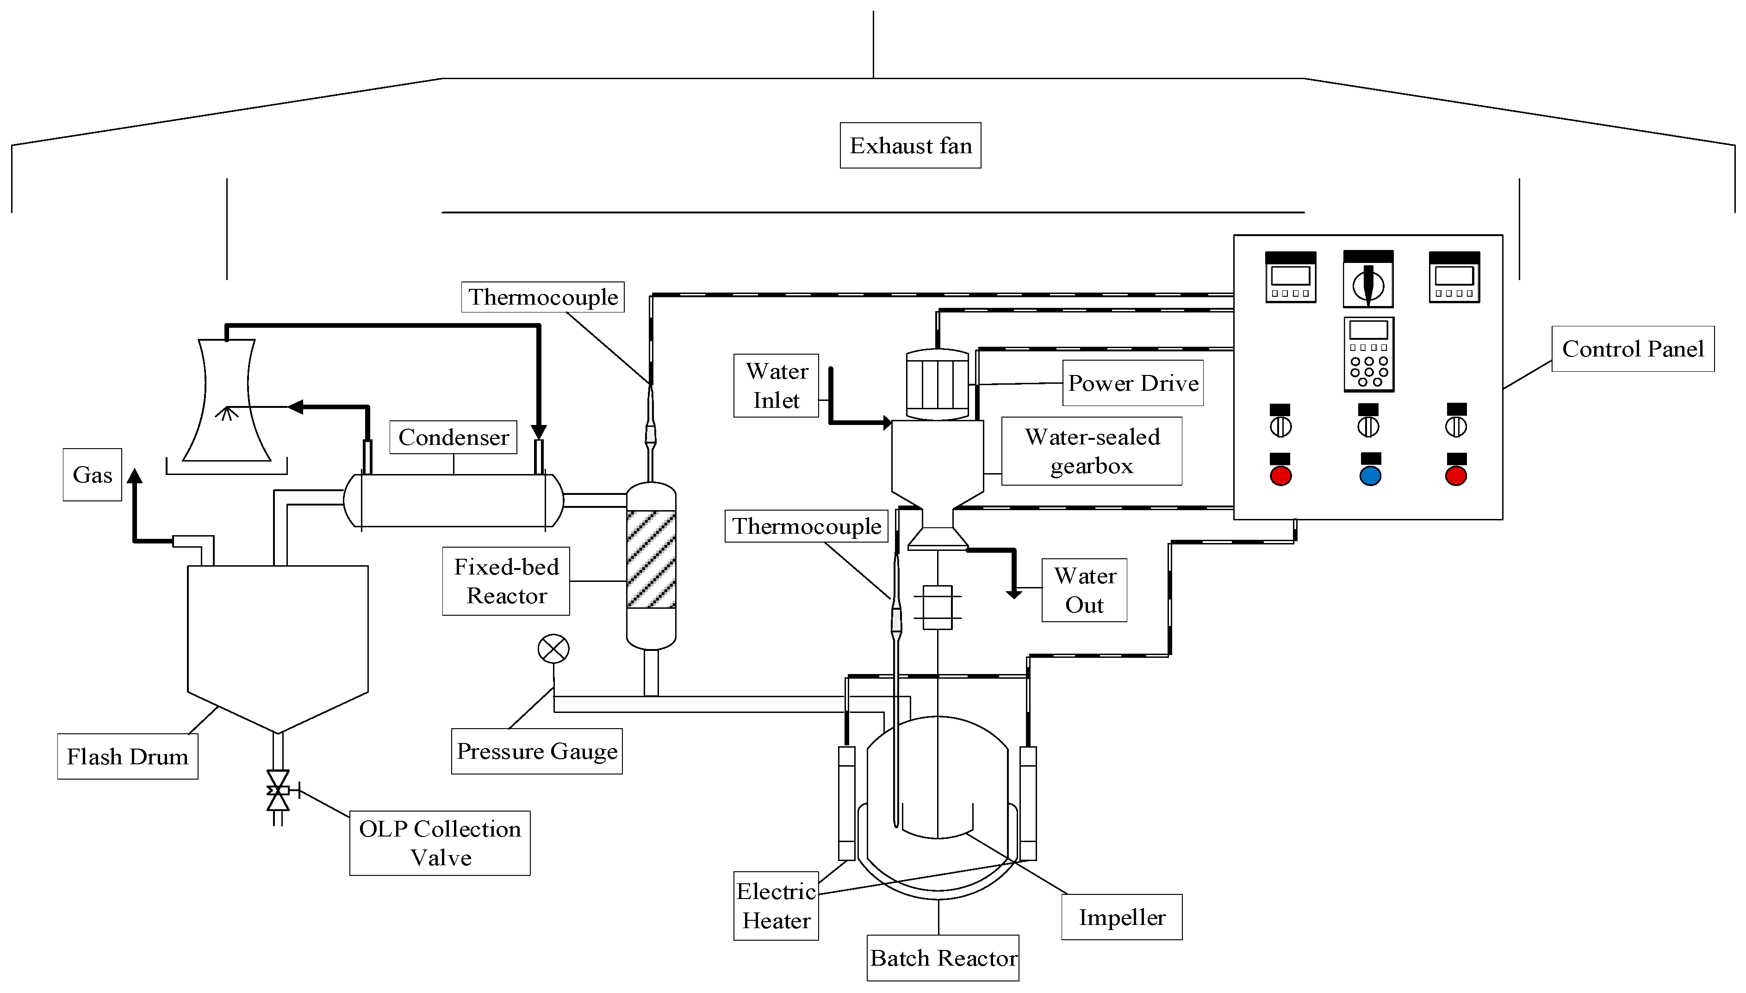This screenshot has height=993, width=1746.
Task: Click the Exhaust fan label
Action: point(910,145)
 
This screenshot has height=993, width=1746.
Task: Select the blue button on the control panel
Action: point(1370,476)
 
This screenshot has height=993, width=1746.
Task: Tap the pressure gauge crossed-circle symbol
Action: point(553,649)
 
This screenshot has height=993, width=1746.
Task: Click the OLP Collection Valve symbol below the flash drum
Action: point(278,790)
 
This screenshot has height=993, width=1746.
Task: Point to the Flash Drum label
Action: point(127,756)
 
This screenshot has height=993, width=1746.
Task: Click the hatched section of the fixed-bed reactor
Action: point(651,559)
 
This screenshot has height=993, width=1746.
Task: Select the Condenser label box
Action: point(454,437)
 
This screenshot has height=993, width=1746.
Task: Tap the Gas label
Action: point(92,475)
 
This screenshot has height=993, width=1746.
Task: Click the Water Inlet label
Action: point(776,385)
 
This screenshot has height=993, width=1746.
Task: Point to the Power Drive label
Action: point(1133,383)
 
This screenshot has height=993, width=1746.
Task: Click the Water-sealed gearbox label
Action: point(1092,451)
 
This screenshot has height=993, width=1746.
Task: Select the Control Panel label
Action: point(1633,349)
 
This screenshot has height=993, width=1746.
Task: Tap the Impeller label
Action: point(1122,917)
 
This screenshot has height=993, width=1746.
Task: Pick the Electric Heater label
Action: point(776,906)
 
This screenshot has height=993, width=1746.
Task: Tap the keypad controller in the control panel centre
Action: point(1369,354)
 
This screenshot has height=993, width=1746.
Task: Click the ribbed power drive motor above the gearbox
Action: point(938,384)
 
